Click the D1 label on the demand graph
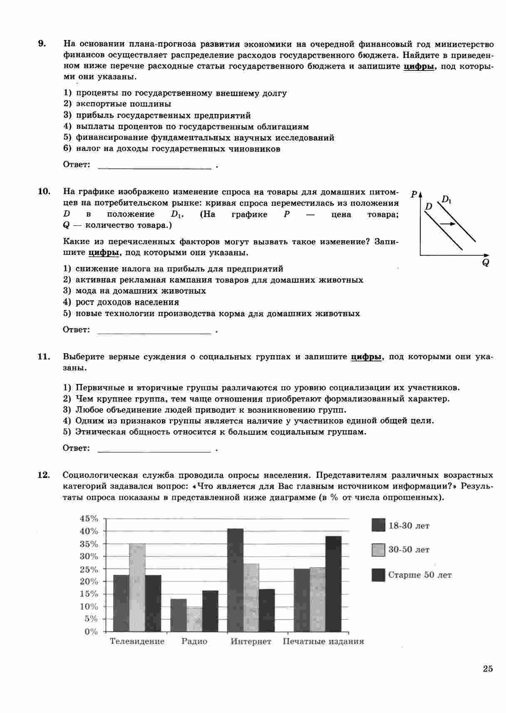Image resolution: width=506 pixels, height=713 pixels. [446, 199]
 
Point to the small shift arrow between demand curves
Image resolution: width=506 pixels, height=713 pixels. [447, 224]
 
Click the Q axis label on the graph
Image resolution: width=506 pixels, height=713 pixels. [486, 263]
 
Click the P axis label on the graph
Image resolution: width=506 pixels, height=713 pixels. [414, 194]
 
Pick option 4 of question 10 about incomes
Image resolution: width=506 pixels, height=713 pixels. [127, 302]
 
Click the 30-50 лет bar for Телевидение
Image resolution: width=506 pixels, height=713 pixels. [137, 588]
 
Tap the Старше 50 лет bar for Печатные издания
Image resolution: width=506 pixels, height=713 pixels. [333, 584]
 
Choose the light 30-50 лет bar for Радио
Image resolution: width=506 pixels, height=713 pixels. [195, 619]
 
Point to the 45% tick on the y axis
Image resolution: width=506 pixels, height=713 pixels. [89, 519]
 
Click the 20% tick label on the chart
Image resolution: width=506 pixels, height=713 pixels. [89, 581]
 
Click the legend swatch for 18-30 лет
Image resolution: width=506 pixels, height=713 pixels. [378, 525]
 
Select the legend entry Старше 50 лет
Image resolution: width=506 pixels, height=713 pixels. [419, 575]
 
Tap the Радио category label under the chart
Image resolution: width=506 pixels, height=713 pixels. [194, 641]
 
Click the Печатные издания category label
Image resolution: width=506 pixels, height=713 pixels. [323, 641]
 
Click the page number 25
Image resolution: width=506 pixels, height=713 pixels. [488, 669]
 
